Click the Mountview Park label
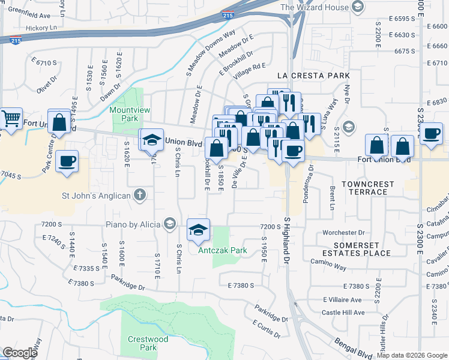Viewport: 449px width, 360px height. [124, 115]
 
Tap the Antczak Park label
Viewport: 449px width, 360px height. [223, 250]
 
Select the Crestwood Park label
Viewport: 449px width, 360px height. [148, 343]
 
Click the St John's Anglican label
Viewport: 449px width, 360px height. [96, 195]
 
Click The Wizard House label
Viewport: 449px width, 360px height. [315, 7]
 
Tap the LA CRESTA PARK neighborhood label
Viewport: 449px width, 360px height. [313, 76]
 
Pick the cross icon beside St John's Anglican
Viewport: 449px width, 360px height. [139, 194]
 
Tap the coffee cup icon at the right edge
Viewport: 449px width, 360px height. [431, 133]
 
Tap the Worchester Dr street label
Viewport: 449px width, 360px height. [343, 232]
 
